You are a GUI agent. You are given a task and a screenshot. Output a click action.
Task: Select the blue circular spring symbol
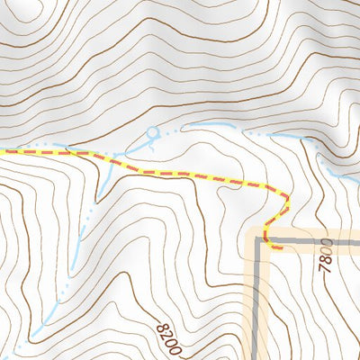point(152,133)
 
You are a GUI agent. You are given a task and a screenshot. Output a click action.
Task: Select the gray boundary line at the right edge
point(357,242)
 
